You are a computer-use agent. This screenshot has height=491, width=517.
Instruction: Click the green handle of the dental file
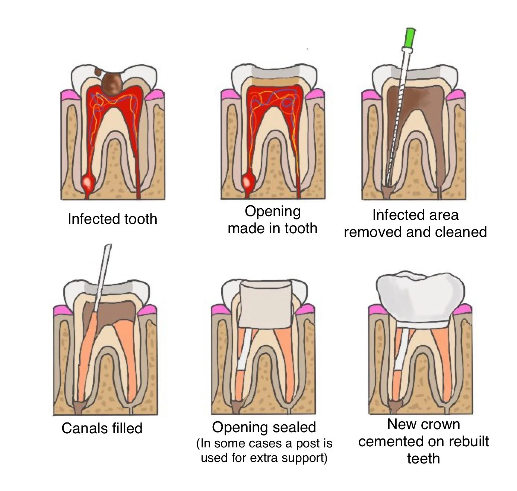coord(410,38)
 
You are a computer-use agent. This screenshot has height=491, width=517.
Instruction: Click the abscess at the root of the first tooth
coord(88,183)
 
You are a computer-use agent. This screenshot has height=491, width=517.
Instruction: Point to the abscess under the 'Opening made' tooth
coord(248,182)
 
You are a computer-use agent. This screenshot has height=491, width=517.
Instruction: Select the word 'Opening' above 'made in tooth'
coord(273,211)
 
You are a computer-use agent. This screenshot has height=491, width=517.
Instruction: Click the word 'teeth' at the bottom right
coord(424,458)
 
